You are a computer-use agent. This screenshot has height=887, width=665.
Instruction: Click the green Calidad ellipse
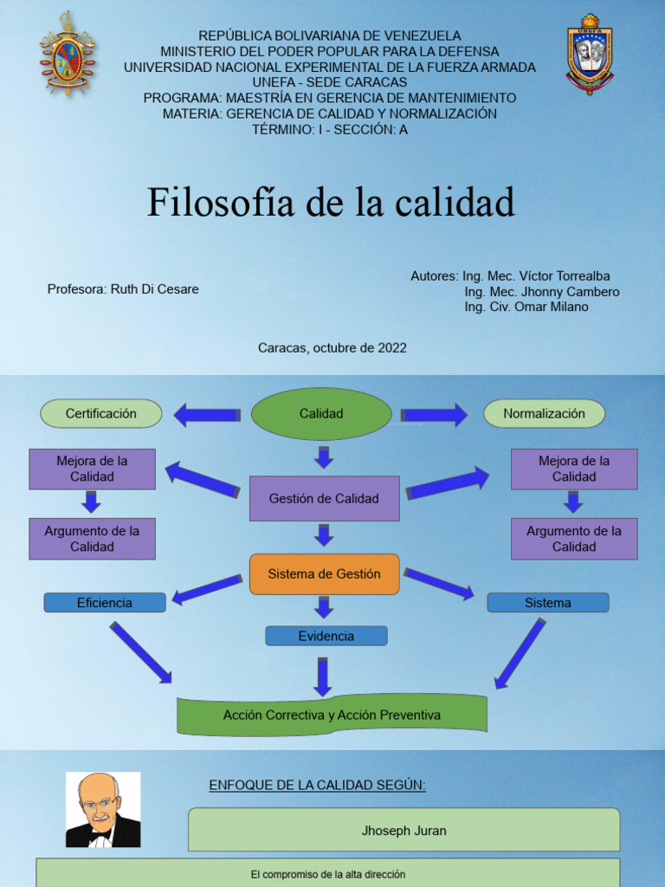point(321,414)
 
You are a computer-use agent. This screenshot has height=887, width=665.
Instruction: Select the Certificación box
point(101,414)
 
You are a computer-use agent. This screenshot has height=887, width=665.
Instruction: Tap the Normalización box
point(544,414)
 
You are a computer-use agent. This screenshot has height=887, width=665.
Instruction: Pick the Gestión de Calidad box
point(324,498)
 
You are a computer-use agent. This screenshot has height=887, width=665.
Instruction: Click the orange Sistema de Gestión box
point(324,574)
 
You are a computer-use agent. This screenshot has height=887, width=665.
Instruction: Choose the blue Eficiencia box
point(105,603)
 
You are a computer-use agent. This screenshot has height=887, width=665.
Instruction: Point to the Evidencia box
point(326,636)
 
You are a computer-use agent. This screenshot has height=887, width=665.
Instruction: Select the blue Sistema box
point(548,603)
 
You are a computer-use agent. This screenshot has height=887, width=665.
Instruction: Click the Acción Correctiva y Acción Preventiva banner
point(332,715)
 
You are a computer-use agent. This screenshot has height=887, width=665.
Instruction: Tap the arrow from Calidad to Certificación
point(206,415)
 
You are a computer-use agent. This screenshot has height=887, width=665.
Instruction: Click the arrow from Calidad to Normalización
point(435,415)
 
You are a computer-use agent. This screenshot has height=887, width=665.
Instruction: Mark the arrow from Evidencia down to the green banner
point(322,677)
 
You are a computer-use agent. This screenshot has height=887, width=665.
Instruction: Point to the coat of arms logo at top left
point(66,54)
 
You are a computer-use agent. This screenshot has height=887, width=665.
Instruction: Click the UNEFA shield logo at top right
point(589,54)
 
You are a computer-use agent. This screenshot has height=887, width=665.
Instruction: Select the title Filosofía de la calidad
point(331,202)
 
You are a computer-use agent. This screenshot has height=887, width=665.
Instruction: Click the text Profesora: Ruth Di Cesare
point(123,289)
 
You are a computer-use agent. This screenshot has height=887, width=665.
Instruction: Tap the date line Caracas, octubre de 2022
point(332,348)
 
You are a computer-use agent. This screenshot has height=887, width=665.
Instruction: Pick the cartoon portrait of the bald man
point(103,810)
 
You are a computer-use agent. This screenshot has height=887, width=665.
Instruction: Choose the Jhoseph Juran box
point(404,831)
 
